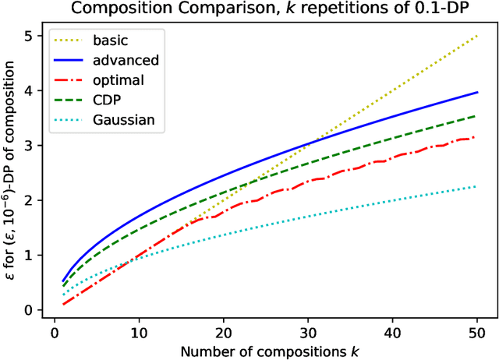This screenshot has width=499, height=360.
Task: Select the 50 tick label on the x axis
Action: pos(477,328)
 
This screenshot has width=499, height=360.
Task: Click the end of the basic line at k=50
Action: pos(477,36)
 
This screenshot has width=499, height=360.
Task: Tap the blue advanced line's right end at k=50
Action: pos(477,92)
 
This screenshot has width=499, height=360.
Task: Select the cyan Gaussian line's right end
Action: pos(477,186)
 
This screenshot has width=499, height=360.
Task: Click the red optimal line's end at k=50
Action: pos(477,137)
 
